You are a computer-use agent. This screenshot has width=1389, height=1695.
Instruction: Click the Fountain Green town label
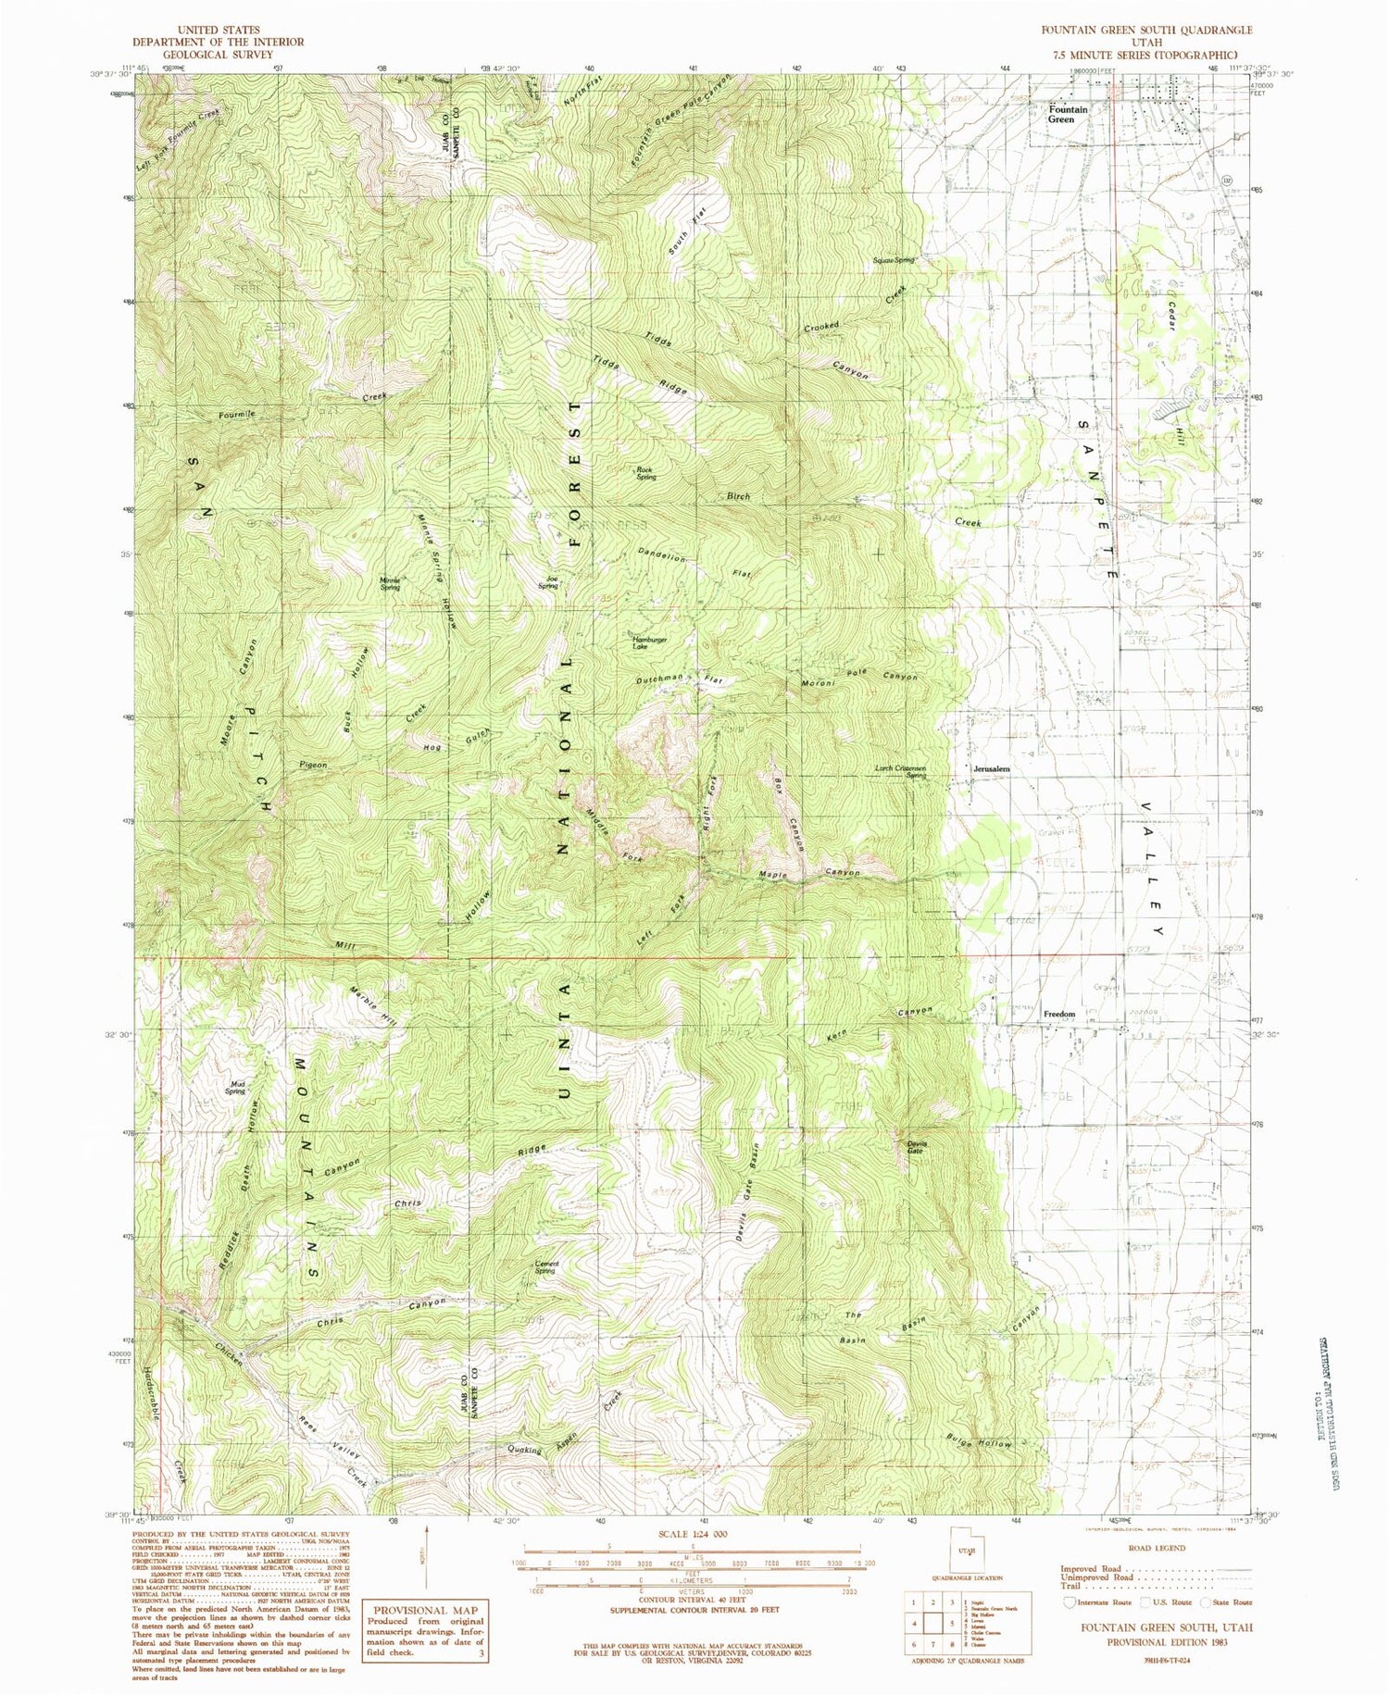[1068, 114]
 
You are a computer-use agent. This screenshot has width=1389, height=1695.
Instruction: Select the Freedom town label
[1059, 1014]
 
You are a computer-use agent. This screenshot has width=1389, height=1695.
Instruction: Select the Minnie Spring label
[390, 584]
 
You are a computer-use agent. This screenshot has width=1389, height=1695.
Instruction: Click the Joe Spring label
[548, 583]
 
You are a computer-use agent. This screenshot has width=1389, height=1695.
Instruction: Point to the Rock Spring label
[645, 473]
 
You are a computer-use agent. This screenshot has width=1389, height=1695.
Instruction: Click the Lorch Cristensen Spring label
[901, 771]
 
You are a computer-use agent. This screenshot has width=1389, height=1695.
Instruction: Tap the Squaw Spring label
[893, 260]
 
